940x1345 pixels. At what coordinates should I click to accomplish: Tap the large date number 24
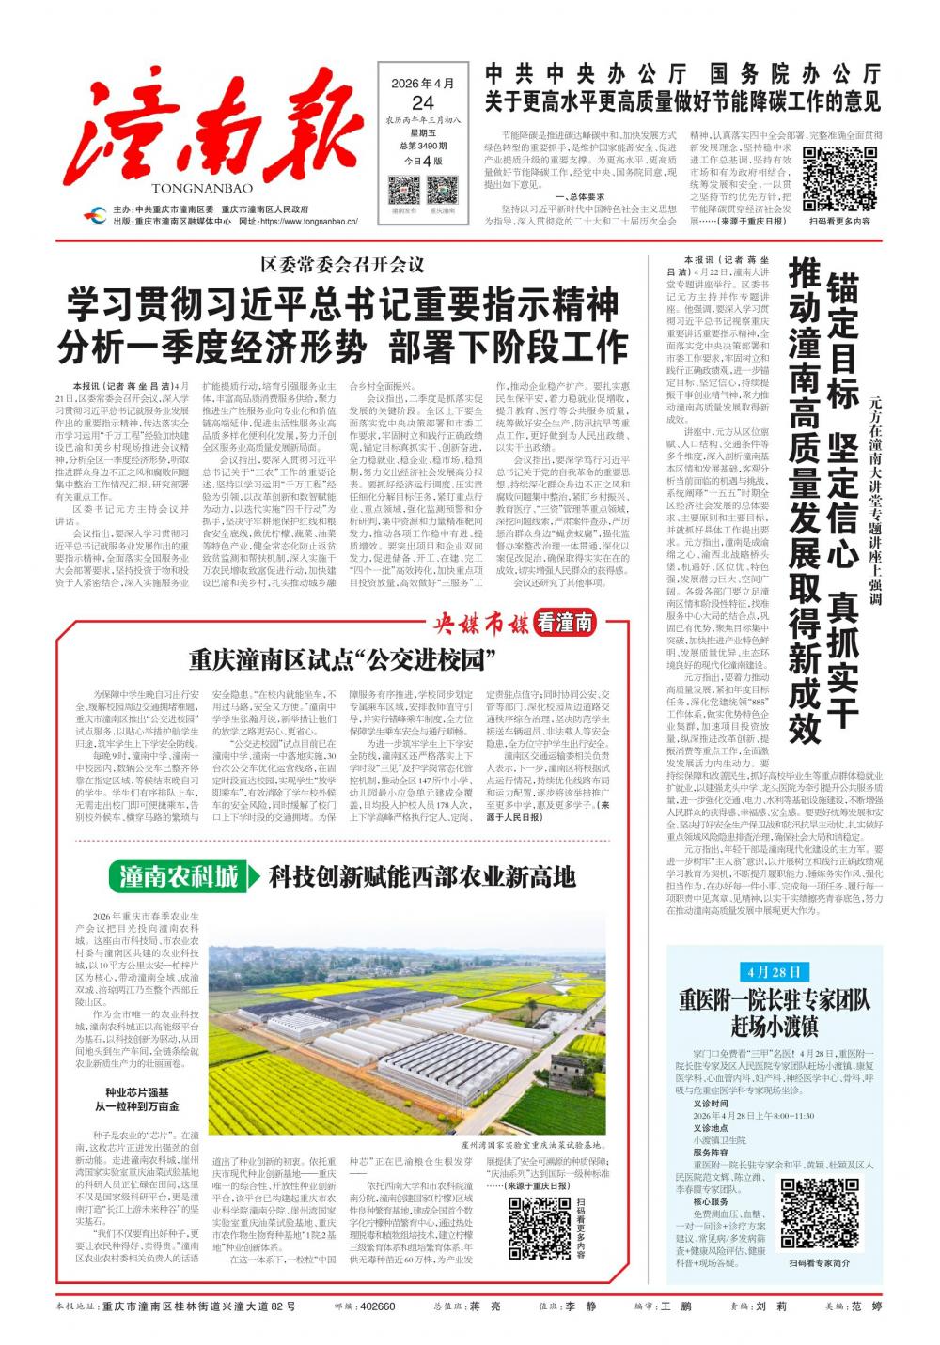[422, 102]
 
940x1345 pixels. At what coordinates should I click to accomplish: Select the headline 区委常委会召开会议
[342, 266]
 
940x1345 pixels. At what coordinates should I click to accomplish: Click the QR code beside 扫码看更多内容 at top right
[839, 180]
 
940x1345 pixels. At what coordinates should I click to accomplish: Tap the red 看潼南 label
[567, 622]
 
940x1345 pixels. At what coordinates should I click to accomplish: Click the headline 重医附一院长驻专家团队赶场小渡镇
[775, 1011]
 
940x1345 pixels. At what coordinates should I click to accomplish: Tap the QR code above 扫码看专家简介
[820, 1214]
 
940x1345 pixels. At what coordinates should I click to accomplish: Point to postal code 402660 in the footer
[377, 1306]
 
